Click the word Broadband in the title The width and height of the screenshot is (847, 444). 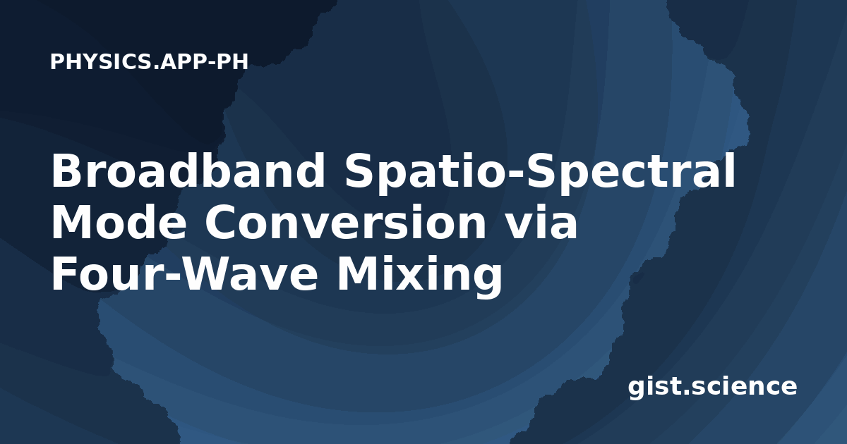coord(188,171)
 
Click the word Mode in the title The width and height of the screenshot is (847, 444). coord(119,222)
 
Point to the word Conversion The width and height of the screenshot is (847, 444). coord(346,222)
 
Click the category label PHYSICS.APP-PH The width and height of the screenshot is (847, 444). coord(149,61)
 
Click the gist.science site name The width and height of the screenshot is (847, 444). coord(712,387)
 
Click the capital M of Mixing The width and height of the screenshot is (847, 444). coord(359,273)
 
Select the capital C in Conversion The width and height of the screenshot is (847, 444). coord(222,222)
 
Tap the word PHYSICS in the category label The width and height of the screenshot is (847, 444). coord(100,61)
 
